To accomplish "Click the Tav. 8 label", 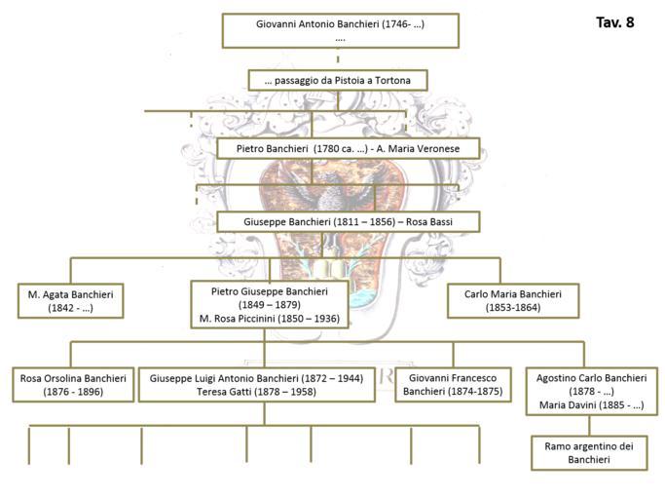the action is tap(614, 22).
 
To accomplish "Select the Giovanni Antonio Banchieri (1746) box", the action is tap(341, 30).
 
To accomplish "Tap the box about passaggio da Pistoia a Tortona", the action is tap(338, 80).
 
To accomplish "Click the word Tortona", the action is tap(392, 80).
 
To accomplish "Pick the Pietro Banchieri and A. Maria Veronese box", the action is tap(349, 149).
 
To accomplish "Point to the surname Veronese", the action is tap(438, 149).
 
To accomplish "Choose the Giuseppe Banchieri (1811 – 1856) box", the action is tap(349, 221).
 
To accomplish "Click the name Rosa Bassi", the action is tap(429, 221).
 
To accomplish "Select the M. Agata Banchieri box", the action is tap(71, 301).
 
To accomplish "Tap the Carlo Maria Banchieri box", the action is tap(513, 301).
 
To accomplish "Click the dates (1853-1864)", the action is tap(513, 307).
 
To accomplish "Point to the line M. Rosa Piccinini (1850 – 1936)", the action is tap(270, 319).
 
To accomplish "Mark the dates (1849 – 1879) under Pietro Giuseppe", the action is tap(270, 305).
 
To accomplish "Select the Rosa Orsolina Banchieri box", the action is tap(73, 385).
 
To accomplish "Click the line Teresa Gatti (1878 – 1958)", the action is tap(256, 392).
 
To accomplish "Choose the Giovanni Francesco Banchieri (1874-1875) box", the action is tap(453, 385).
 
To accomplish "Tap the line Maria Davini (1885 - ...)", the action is tap(592, 405).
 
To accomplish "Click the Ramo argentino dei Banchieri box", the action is tap(589, 453).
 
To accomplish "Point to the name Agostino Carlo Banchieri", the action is tap(592, 378).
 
